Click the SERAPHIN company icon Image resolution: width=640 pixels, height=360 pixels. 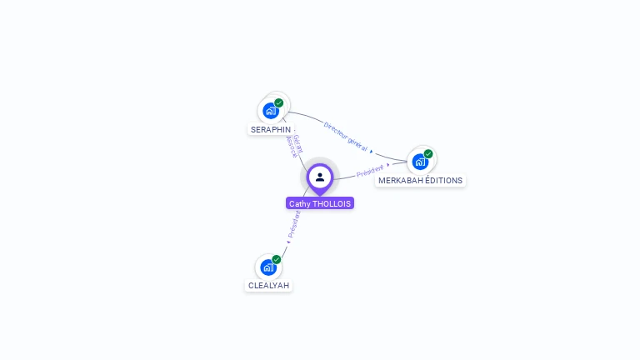(271, 110)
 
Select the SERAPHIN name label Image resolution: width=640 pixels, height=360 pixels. (271, 130)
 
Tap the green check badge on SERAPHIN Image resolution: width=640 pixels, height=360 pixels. (279, 102)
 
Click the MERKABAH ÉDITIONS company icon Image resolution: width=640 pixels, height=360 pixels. (420, 161)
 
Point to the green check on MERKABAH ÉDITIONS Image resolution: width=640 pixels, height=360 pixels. (428, 153)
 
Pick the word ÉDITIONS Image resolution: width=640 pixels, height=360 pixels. (443, 180)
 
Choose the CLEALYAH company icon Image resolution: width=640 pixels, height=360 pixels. (268, 267)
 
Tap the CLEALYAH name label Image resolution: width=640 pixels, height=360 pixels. (268, 285)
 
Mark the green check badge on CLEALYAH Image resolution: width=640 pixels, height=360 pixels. (277, 259)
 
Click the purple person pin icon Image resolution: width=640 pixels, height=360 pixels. (320, 177)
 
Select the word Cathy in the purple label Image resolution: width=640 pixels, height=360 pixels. (298, 203)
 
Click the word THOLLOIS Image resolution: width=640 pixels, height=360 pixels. (332, 203)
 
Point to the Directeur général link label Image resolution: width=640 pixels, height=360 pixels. (345, 136)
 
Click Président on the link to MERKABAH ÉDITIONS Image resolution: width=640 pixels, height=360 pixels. (369, 171)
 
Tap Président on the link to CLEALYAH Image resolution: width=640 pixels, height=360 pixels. (294, 223)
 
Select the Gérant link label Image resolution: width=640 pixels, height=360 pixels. (297, 142)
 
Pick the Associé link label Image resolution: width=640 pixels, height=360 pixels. (291, 147)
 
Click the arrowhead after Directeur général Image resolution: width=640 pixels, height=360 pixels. (372, 152)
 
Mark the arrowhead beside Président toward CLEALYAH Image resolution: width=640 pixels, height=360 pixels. (288, 242)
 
